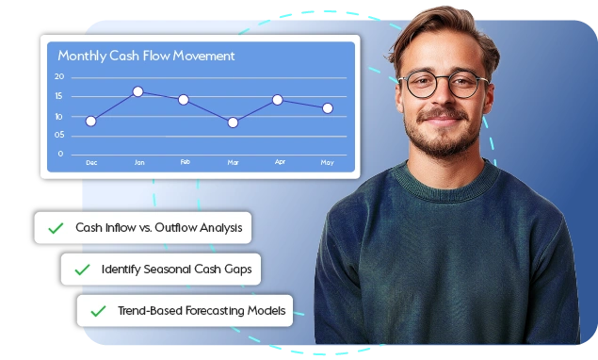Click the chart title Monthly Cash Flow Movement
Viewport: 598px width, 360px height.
146,56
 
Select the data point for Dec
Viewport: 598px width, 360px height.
90,121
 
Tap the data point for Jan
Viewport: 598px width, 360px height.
138,91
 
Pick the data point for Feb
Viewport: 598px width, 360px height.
184,99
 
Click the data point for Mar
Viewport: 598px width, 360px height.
233,122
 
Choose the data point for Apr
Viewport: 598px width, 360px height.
278,99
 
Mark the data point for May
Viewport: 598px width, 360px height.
327,108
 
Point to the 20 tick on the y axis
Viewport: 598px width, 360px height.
59,76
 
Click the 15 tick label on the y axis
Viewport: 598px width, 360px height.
59,96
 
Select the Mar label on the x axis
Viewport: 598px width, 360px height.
233,163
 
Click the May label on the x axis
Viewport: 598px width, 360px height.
327,163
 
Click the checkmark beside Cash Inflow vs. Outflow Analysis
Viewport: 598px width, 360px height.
56,228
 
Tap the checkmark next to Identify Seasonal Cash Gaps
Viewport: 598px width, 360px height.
82,270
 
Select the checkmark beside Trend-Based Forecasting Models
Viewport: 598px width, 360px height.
98,310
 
